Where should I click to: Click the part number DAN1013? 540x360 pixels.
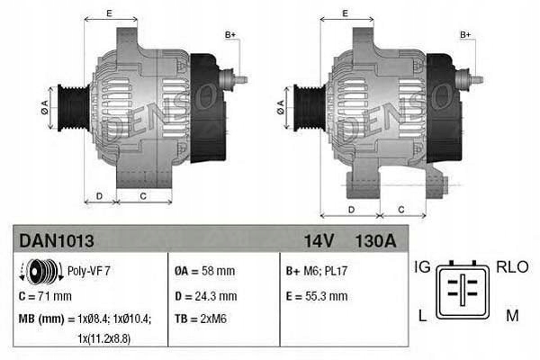tap(56, 241)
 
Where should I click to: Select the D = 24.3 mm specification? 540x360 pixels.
tap(205, 295)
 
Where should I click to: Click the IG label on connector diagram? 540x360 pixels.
tap(422, 267)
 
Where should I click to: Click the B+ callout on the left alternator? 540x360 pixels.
tap(230, 35)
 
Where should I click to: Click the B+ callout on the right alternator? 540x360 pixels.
tap(466, 35)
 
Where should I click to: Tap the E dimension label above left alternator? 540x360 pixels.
tap(109, 13)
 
